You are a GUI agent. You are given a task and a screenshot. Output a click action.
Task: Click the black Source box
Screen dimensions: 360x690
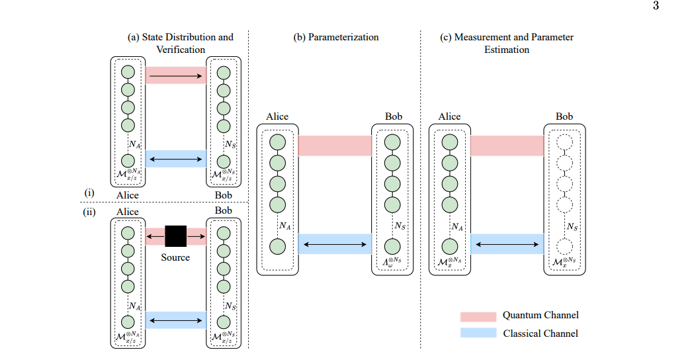(175, 236)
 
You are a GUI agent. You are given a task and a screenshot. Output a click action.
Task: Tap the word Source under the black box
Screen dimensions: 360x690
(175, 257)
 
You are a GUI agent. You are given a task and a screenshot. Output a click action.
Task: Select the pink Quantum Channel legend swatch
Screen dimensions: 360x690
(478, 316)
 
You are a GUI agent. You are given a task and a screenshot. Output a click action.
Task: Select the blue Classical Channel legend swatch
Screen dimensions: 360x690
(478, 334)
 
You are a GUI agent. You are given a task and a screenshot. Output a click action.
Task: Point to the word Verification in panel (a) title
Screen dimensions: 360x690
(181, 50)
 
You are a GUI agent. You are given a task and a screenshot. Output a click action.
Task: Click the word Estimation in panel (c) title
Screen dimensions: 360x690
(507, 50)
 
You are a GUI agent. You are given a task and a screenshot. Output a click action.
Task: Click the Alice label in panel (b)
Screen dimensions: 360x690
(277, 116)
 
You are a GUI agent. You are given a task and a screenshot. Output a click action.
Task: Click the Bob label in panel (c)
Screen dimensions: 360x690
(564, 116)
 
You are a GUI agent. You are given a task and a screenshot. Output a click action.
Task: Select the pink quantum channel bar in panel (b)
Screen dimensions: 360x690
(335, 146)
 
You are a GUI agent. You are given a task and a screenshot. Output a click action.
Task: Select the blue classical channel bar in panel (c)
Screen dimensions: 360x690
(507, 244)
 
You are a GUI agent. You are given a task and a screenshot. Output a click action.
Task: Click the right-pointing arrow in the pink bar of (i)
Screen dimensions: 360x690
(175, 77)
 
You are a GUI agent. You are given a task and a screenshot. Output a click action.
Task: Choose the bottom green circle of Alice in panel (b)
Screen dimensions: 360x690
(277, 246)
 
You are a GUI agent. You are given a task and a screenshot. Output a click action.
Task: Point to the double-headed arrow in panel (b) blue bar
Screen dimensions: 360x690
(335, 245)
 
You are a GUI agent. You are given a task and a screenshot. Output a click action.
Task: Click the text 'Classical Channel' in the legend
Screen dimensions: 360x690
(540, 334)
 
